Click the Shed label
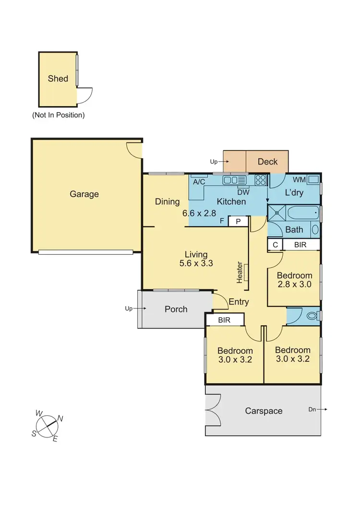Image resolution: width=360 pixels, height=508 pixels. click(x=58, y=79)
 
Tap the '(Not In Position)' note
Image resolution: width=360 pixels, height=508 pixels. click(x=58, y=115)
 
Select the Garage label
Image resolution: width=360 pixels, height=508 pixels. click(x=84, y=194)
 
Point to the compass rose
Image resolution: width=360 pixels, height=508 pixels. click(x=48, y=425)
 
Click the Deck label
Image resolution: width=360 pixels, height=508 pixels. click(x=267, y=162)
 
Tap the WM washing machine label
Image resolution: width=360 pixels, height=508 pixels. click(x=300, y=180)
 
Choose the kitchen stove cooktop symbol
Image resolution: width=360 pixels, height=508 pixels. click(x=261, y=180)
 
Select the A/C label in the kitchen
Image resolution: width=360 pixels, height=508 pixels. click(x=199, y=182)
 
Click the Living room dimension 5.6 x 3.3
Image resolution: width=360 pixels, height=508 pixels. click(x=196, y=263)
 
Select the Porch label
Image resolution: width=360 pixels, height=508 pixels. click(x=176, y=309)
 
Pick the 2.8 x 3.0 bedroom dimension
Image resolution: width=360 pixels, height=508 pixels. click(x=294, y=284)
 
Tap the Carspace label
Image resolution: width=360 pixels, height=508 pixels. click(x=264, y=411)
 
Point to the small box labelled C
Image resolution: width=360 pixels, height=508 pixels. click(x=275, y=245)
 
